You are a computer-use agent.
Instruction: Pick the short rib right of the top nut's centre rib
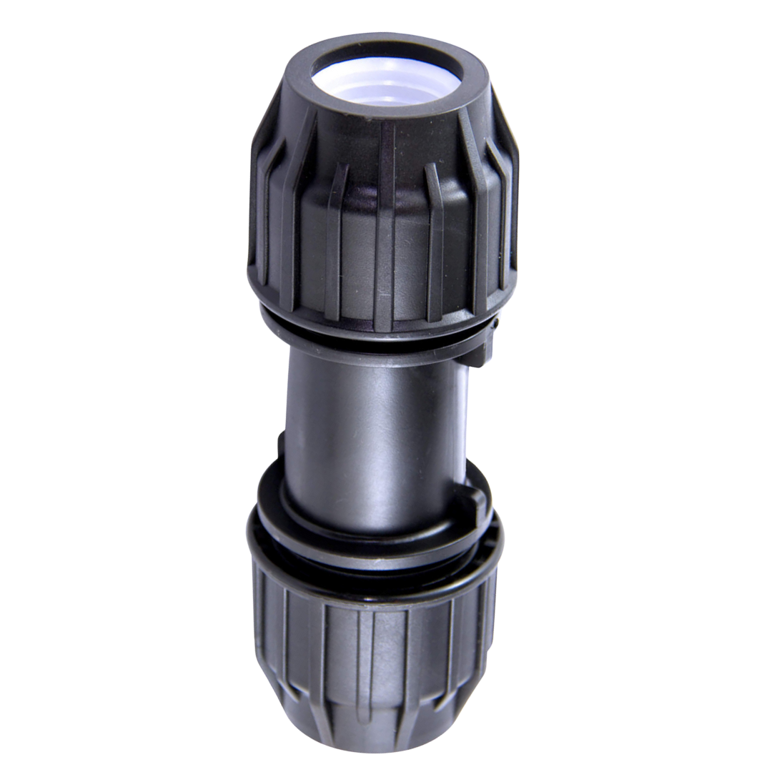[433, 236]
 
